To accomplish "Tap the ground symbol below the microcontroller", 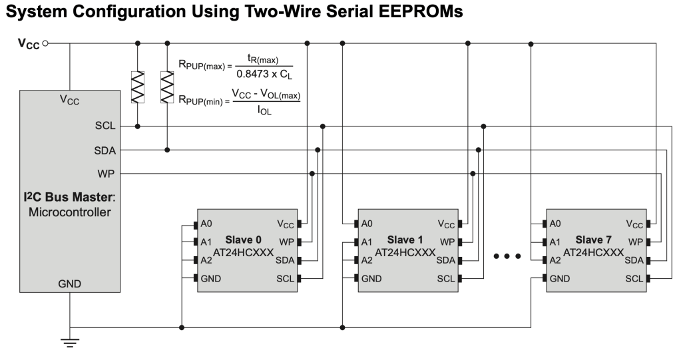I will tap(69, 341).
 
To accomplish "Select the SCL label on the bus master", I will tap(105, 125).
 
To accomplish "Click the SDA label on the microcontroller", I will tap(105, 150).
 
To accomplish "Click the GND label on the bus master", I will tap(69, 283).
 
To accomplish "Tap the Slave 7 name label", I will tap(594, 239).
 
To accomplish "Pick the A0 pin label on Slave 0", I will tap(206, 224).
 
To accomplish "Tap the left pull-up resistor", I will tap(137, 87).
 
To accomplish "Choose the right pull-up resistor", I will tap(166, 87).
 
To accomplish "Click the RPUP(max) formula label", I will tap(201, 67).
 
